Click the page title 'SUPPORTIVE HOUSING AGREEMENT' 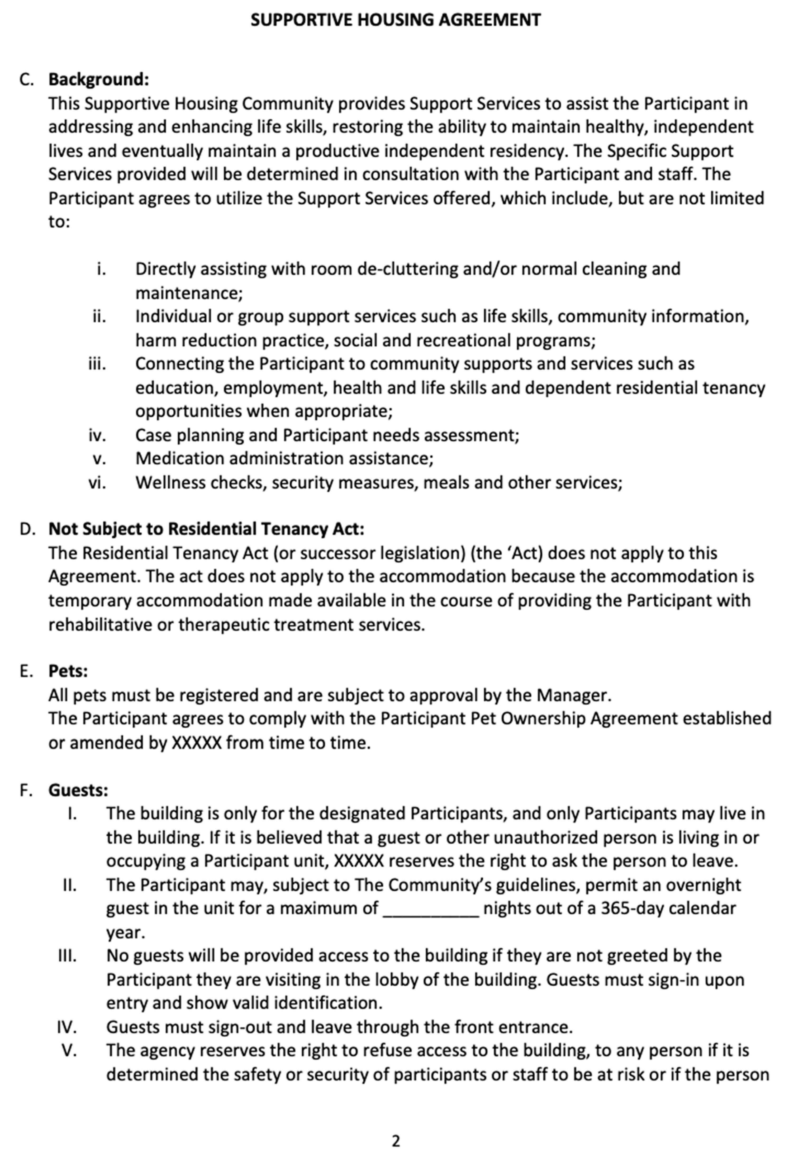click(396, 20)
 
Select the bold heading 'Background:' click(98, 80)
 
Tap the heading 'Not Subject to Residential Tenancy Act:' click(206, 529)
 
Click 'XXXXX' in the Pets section click(197, 743)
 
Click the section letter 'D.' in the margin click(27, 529)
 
